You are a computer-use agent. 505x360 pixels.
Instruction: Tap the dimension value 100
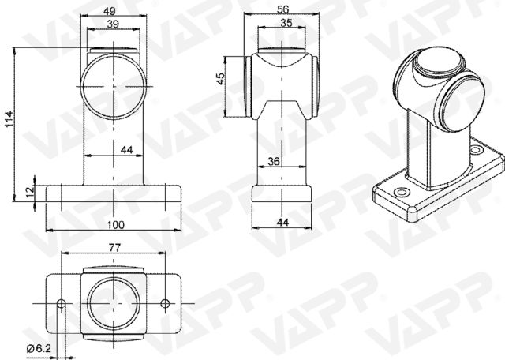point(114,225)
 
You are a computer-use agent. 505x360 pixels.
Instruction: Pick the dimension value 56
point(282,10)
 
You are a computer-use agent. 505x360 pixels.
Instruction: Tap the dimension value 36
point(274,162)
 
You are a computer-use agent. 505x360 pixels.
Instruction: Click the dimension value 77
point(114,247)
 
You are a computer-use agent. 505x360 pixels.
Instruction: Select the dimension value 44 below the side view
point(282,223)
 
